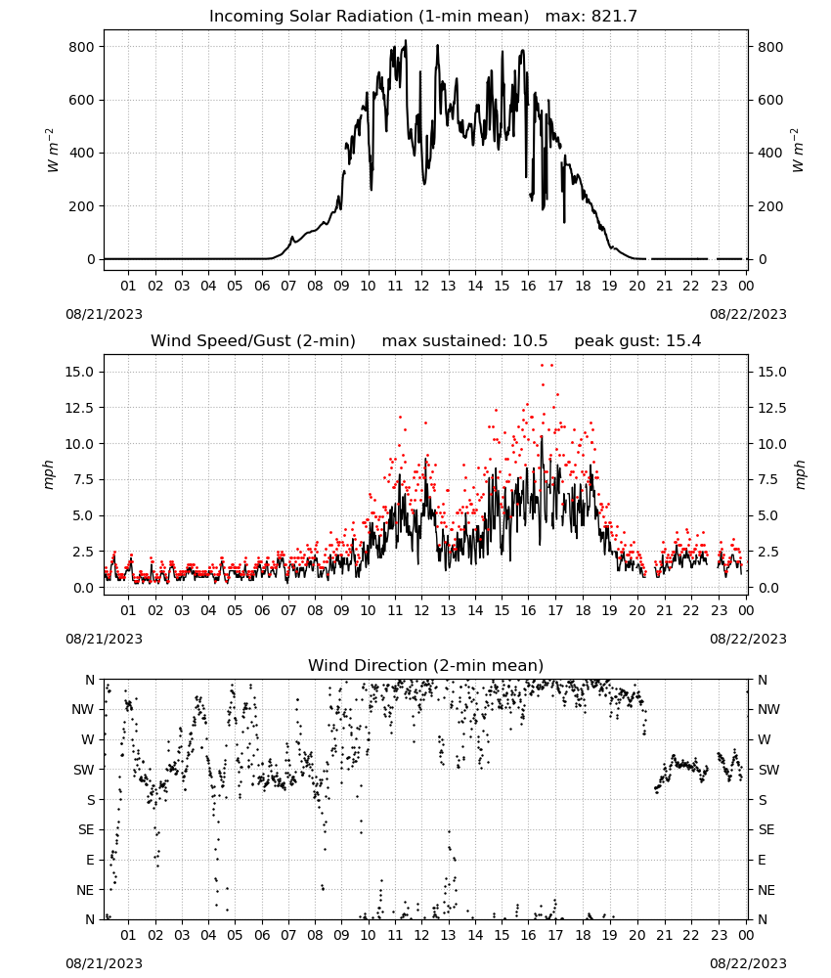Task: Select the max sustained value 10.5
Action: coord(530,341)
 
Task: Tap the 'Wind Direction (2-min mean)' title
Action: coord(426,665)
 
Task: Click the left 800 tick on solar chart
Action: coord(82,47)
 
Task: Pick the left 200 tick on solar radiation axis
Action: coord(82,206)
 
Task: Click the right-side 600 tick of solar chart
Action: coord(770,101)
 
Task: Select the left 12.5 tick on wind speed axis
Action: coord(78,408)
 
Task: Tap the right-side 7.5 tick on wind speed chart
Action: coord(768,479)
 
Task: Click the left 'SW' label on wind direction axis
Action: coord(84,771)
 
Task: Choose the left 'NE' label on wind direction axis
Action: coord(85,890)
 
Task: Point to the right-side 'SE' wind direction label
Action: coord(766,830)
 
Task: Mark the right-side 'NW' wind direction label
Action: coord(768,710)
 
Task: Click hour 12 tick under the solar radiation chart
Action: coord(422,287)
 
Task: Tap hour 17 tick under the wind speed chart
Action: coord(555,610)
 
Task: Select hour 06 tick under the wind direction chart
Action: coord(262,935)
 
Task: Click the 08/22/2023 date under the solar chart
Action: coord(748,314)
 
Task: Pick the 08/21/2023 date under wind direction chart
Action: coord(104,963)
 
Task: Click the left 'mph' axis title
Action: coord(49,474)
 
